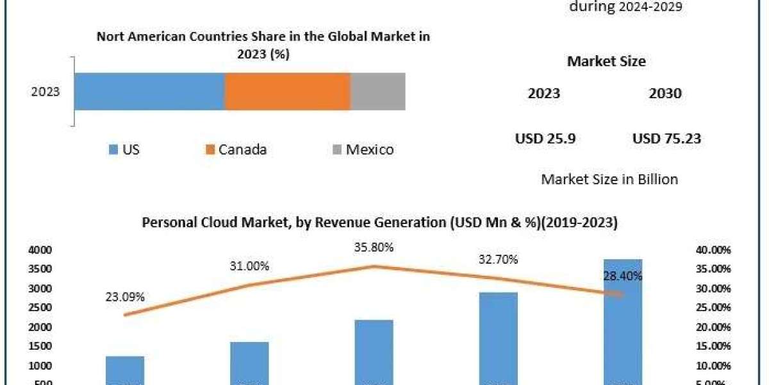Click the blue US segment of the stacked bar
149,91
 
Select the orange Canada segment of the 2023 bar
287,91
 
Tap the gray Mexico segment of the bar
377,91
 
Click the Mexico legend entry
363,150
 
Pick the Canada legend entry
235,150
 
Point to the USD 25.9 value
545,138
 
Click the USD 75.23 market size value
666,138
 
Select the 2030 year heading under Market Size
665,94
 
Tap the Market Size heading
606,62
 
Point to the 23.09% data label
125,297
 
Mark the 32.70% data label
499,260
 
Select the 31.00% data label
250,266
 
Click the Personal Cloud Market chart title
380,223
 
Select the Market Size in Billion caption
609,179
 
